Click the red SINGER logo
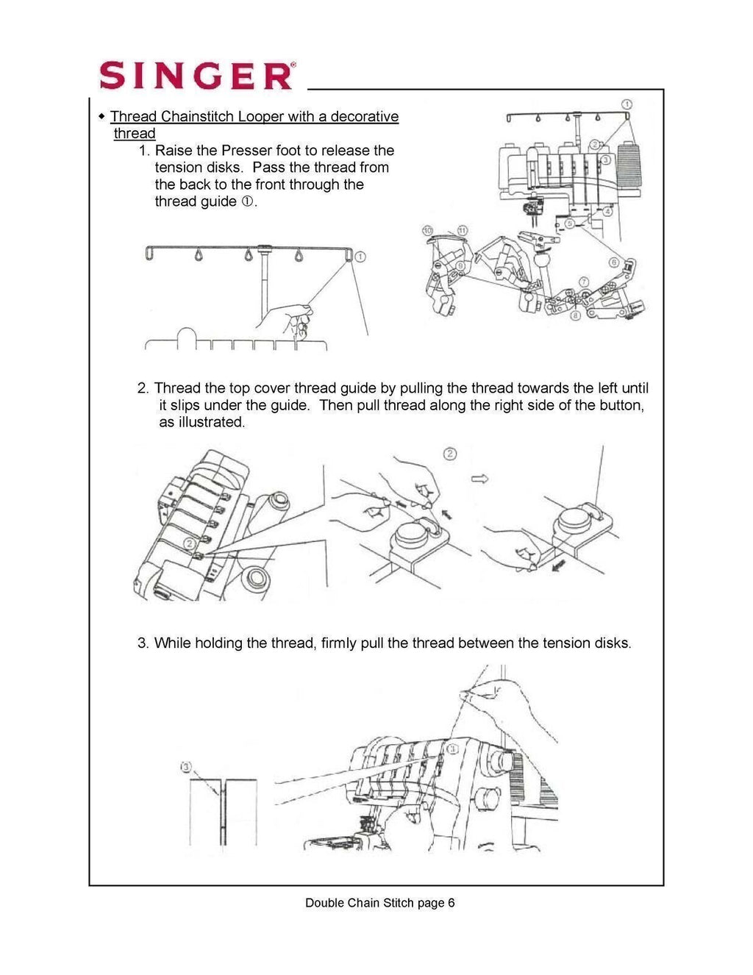[196, 75]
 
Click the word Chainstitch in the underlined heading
[194, 117]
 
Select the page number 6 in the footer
[451, 903]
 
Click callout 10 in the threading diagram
[428, 231]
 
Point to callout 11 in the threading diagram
[462, 231]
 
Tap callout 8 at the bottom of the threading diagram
[574, 314]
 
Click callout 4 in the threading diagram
[607, 212]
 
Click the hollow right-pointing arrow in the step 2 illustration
[479, 479]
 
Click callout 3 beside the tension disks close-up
[186, 768]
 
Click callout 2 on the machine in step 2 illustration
[190, 543]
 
